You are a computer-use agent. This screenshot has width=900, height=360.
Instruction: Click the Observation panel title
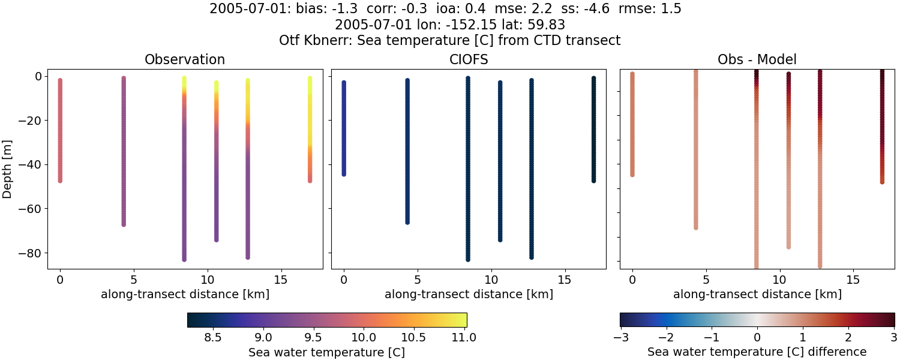(x=185, y=59)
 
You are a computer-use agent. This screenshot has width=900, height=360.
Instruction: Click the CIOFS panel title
(x=468, y=59)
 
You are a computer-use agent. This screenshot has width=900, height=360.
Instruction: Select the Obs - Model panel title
(x=757, y=59)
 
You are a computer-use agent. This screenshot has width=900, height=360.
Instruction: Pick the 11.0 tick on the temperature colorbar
(x=463, y=337)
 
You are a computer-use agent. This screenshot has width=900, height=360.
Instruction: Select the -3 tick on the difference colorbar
(x=619, y=337)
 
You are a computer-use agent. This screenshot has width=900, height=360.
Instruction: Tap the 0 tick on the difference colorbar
(x=757, y=337)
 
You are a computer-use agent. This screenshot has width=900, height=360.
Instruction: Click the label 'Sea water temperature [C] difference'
(x=757, y=352)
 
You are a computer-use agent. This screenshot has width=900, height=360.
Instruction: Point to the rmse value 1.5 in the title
(x=670, y=9)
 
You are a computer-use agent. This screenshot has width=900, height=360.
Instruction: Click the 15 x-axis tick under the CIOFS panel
(x=565, y=280)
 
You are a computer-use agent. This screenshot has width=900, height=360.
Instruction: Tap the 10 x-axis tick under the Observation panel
(x=207, y=280)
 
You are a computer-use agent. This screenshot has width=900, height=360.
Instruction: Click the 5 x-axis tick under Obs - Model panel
(x=706, y=280)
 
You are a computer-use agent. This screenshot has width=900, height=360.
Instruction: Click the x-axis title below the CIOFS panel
(x=469, y=294)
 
